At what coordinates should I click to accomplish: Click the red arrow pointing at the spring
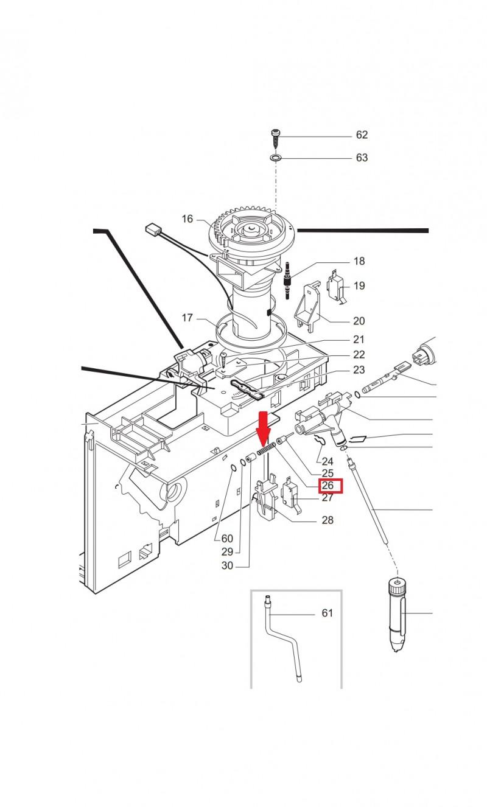click(x=264, y=428)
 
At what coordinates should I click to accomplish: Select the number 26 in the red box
click(x=328, y=485)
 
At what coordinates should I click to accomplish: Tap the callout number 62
click(x=362, y=134)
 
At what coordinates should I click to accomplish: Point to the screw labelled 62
click(x=275, y=139)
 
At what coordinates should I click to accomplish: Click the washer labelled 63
click(x=276, y=157)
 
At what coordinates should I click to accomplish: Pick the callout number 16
click(x=187, y=218)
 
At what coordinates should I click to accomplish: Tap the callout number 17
click(x=187, y=318)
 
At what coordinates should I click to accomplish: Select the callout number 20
click(x=359, y=321)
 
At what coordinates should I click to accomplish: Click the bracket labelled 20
click(x=308, y=306)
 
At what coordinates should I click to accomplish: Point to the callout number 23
click(x=359, y=369)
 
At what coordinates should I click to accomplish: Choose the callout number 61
click(x=328, y=613)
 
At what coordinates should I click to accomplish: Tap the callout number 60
click(x=227, y=538)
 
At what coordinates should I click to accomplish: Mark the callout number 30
click(x=227, y=565)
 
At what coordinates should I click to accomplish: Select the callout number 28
click(x=328, y=520)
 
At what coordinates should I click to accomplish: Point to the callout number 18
click(x=359, y=261)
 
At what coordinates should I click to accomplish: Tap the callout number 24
click(x=328, y=461)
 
